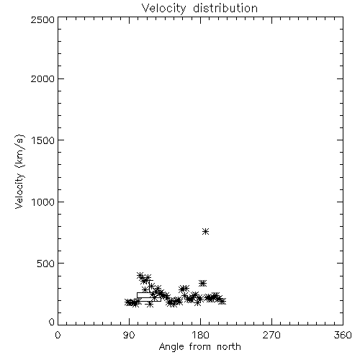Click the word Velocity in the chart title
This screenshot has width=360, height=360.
(163, 9)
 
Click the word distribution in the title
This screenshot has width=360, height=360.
(225, 9)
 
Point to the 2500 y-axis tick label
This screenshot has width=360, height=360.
(42, 19)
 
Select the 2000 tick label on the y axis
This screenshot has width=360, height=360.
(42, 78)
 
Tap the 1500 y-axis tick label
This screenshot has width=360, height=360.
(43, 140)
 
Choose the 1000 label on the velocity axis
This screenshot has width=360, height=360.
(43, 202)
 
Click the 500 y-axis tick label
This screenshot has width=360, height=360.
(46, 264)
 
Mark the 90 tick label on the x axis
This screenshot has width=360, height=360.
(129, 335)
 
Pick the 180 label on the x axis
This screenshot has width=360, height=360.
(200, 335)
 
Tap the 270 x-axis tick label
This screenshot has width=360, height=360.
(271, 335)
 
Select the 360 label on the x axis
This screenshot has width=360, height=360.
(343, 335)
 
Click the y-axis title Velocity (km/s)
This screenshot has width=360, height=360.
(19, 171)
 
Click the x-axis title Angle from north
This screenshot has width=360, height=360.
(200, 347)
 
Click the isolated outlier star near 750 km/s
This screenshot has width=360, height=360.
(205, 231)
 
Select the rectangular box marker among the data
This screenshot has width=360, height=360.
(149, 297)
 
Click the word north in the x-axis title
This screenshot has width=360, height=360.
(229, 346)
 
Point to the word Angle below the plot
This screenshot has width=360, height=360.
(171, 347)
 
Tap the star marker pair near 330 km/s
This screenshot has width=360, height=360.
(203, 284)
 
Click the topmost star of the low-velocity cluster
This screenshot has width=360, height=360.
(140, 276)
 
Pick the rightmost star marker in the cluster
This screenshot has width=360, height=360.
(222, 301)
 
